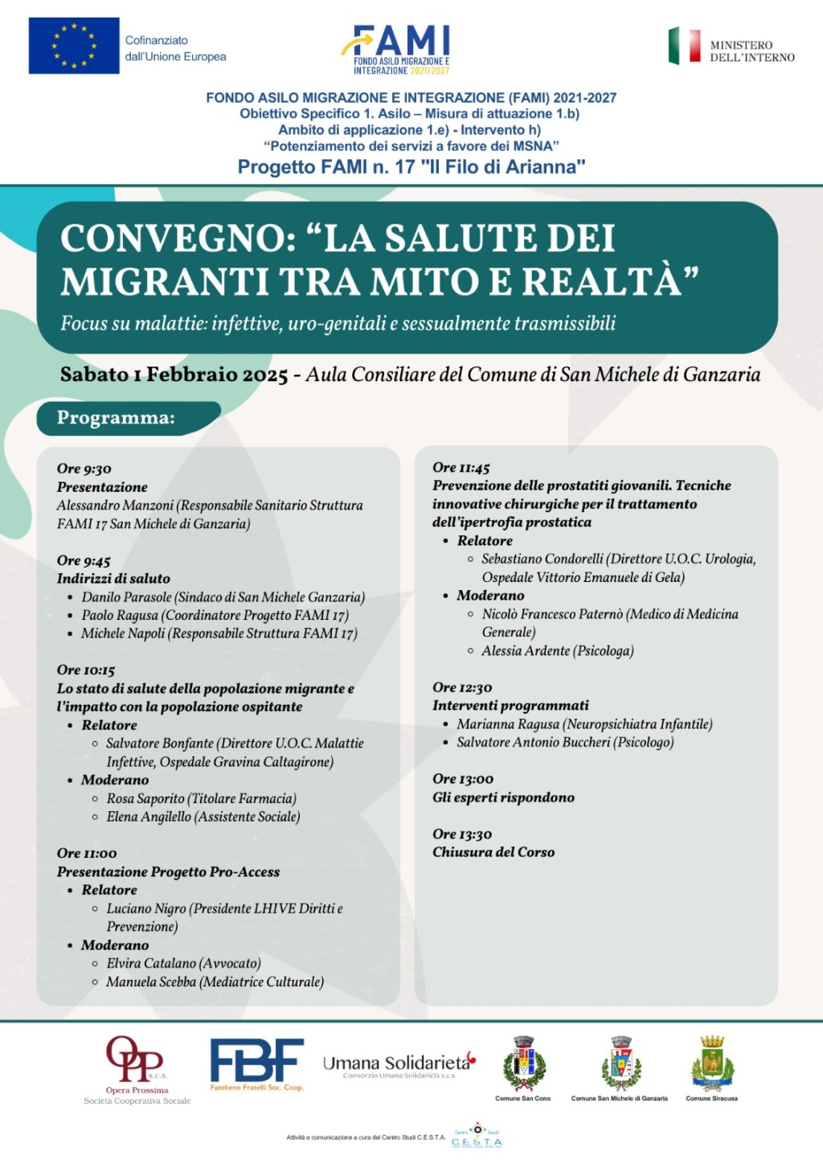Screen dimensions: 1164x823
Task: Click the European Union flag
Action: point(74,46)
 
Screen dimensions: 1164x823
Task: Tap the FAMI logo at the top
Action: point(402,48)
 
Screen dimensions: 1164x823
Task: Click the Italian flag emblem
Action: point(685,46)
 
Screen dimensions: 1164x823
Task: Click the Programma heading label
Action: point(116,418)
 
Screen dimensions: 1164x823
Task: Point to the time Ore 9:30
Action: point(84,469)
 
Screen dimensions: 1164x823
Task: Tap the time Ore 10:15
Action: point(86,670)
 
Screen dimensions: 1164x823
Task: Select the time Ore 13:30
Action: point(462,834)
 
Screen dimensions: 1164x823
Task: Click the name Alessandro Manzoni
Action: point(115,506)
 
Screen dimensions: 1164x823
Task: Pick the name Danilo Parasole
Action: point(126,597)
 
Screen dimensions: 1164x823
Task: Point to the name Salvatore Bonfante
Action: point(160,744)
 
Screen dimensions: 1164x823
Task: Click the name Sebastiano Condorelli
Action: point(543,559)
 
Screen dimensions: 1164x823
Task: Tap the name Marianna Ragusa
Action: point(508,724)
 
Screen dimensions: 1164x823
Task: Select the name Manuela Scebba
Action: point(151,982)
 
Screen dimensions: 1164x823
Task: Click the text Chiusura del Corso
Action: point(493,852)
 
